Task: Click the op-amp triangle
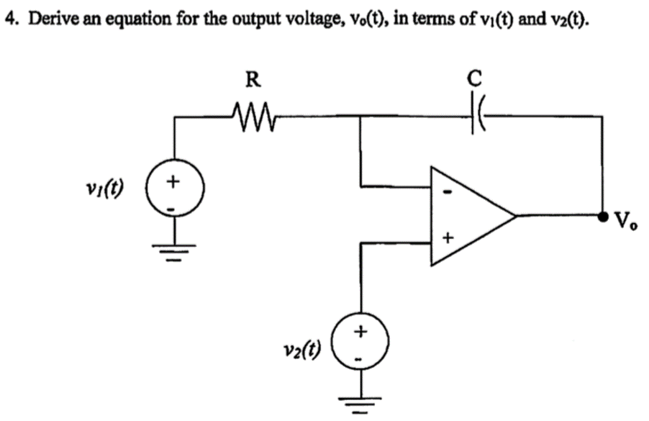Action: click(468, 215)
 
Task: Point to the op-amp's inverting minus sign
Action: click(447, 193)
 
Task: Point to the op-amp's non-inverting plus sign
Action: click(447, 237)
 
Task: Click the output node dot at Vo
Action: click(603, 215)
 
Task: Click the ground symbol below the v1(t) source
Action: click(174, 251)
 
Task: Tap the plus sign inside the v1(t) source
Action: click(174, 183)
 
